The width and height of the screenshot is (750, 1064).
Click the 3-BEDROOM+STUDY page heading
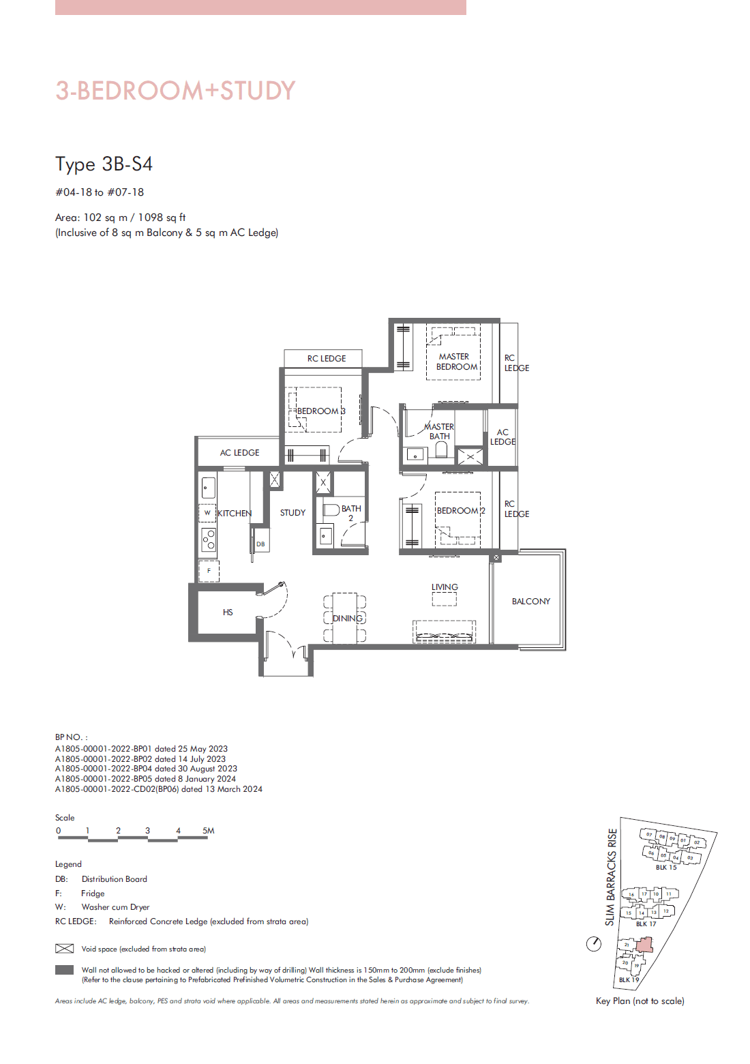[x=175, y=91]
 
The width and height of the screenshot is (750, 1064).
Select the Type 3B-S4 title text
[x=104, y=164]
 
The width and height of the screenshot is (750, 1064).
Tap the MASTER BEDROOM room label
[x=456, y=361]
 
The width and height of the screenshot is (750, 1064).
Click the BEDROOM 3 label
[x=320, y=411]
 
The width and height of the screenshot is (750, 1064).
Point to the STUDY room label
[x=292, y=513]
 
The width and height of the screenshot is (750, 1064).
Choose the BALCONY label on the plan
[x=530, y=602]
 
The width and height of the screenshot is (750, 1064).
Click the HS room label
[x=228, y=612]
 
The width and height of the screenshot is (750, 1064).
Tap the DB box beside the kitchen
[x=260, y=544]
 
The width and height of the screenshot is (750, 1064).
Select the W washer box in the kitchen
[x=207, y=513]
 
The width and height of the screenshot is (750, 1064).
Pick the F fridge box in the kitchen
[x=209, y=571]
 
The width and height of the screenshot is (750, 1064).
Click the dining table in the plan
[x=345, y=618]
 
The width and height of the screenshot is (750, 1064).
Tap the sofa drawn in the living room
[x=444, y=632]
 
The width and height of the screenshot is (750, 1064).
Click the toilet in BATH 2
[x=331, y=509]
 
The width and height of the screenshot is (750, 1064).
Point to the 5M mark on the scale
[x=208, y=831]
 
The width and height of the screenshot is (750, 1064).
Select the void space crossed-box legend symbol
[x=64, y=949]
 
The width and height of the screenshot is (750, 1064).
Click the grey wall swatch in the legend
[x=64, y=970]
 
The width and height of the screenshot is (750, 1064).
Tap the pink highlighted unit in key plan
[x=644, y=945]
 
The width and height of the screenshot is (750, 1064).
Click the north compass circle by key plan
[x=594, y=944]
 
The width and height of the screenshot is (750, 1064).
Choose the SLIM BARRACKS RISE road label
[x=611, y=876]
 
